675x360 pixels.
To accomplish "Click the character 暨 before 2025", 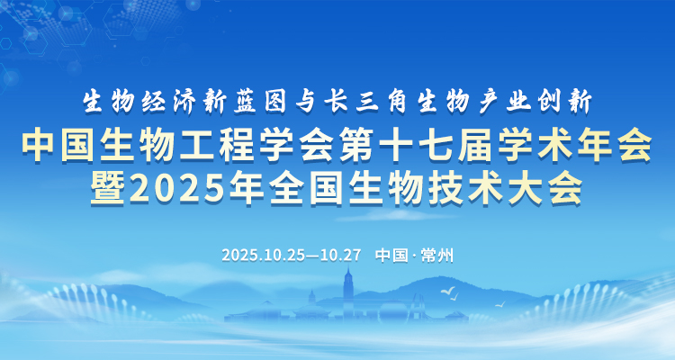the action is click(107, 188).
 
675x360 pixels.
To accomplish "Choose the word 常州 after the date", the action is click(437, 256).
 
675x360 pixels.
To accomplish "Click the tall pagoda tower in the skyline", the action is click(348, 286).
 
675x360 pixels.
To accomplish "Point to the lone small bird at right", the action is click(499, 304).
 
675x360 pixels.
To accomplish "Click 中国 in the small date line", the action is click(391, 256).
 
